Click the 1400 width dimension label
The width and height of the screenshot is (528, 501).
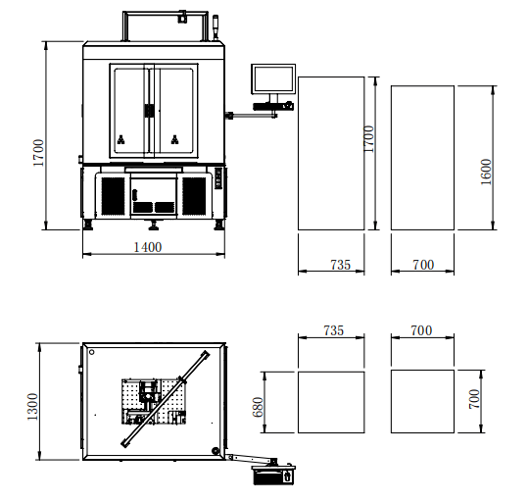[148, 247]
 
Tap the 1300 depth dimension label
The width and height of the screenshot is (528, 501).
[32, 406]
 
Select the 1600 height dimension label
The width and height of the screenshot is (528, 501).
[486, 172]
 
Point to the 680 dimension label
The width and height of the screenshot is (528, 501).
[258, 407]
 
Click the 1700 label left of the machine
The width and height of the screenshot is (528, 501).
[38, 153]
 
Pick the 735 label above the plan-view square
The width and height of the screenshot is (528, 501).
[334, 330]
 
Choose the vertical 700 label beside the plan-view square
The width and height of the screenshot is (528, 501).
[474, 399]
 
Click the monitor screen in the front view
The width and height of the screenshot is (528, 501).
[273, 78]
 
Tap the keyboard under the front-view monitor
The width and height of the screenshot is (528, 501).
[273, 106]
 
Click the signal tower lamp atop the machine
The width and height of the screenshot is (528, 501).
[216, 26]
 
